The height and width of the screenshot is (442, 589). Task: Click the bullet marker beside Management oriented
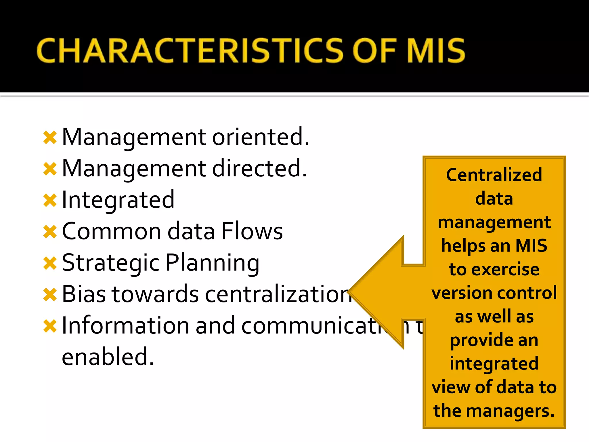point(50,138)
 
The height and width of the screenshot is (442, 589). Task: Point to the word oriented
point(261,137)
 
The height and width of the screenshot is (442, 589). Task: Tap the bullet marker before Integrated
point(50,200)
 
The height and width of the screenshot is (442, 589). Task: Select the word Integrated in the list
point(118,200)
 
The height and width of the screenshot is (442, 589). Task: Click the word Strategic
point(111,263)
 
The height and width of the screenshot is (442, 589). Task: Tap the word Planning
point(213,263)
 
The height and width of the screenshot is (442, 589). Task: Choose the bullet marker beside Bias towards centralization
point(50,295)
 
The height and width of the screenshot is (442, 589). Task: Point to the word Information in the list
point(125,326)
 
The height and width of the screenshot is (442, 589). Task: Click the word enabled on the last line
point(108,357)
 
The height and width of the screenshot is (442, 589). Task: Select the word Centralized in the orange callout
point(494,175)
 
